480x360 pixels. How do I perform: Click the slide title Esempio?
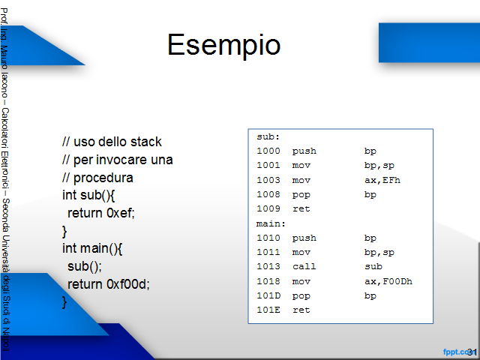click(223, 45)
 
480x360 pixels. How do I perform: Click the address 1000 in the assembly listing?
click(268, 151)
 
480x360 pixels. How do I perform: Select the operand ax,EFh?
click(382, 180)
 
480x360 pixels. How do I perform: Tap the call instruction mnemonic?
click(304, 267)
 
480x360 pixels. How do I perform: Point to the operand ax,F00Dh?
click(388, 281)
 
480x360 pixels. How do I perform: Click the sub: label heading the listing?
click(268, 136)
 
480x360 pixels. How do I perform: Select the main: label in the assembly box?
click(271, 223)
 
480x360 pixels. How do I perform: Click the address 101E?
click(268, 310)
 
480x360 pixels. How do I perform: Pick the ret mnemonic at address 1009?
click(301, 209)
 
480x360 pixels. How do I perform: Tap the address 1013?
click(268, 267)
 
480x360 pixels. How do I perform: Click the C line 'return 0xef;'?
click(101, 213)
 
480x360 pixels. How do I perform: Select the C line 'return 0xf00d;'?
click(108, 284)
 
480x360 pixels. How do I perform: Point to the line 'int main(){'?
click(92, 248)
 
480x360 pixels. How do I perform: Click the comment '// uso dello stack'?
click(112, 142)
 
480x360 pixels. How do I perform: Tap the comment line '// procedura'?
click(97, 178)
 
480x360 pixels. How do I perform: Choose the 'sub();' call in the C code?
click(85, 267)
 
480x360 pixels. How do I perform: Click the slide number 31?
click(472, 352)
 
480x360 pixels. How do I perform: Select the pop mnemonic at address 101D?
click(301, 296)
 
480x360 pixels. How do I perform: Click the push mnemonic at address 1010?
click(304, 238)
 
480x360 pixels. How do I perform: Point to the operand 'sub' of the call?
click(373, 267)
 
